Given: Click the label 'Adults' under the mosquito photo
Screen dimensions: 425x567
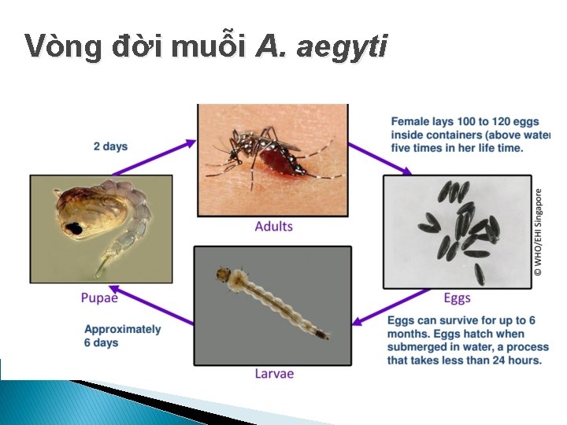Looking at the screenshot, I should point(273,227).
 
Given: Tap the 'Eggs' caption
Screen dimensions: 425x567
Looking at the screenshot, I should point(457,297).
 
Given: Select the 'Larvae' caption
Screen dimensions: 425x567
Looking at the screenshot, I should point(274,373).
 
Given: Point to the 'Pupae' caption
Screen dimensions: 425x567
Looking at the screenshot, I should point(99,297).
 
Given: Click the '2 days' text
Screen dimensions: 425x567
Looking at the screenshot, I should point(110,146).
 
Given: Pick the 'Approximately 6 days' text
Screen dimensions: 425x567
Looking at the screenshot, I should point(122,336).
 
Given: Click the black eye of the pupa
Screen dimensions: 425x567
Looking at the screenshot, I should point(76,228).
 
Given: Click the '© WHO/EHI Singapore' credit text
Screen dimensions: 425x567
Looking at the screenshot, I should point(539,231).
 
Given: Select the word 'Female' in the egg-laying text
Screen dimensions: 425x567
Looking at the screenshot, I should point(411,122).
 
